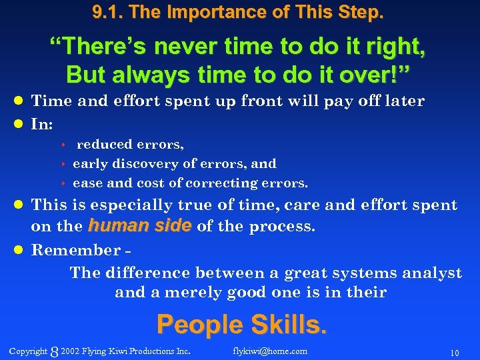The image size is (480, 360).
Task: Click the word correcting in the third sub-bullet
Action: tap(217, 183)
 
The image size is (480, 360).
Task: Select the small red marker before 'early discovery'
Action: tap(65, 164)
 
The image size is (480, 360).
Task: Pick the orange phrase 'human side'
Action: tap(139, 226)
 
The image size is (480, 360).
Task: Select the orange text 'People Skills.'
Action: tap(241, 325)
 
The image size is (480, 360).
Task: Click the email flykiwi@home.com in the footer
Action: tap(270, 351)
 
